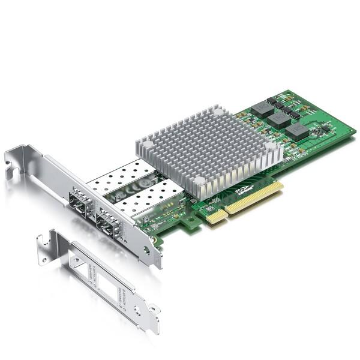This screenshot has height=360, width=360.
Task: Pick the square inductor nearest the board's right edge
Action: pos(298,131)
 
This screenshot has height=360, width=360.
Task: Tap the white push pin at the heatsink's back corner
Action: pos(217,112)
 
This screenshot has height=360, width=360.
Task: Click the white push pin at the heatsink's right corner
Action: pos(271,145)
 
